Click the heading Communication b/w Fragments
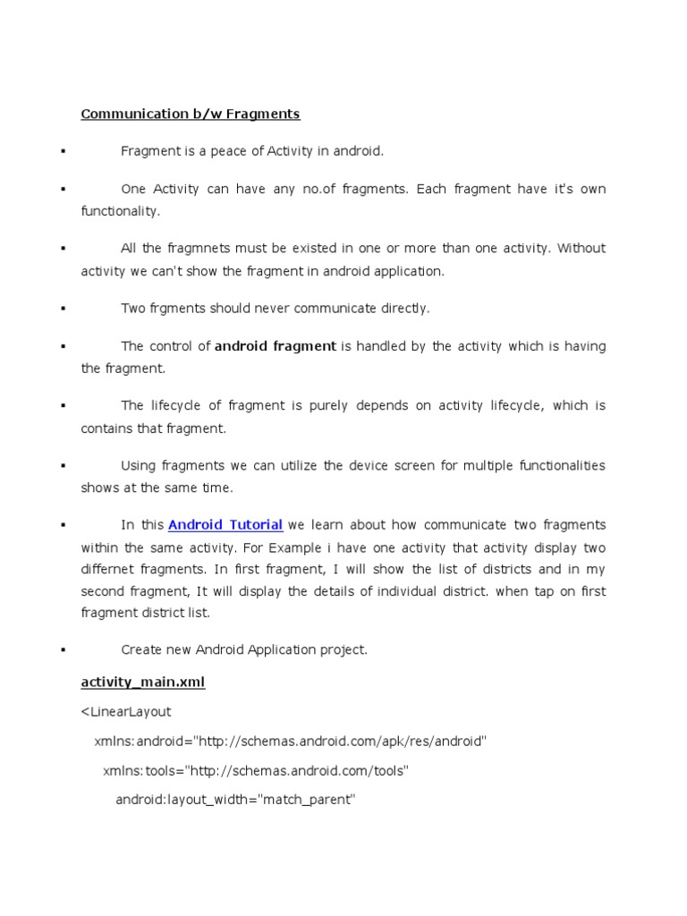[x=191, y=114]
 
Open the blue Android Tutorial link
[x=225, y=524]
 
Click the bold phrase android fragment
[x=276, y=346]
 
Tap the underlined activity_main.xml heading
[x=143, y=682]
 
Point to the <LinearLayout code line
[x=126, y=712]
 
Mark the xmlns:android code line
[x=290, y=742]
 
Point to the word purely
[x=330, y=405]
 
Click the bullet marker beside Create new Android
[x=63, y=650]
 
